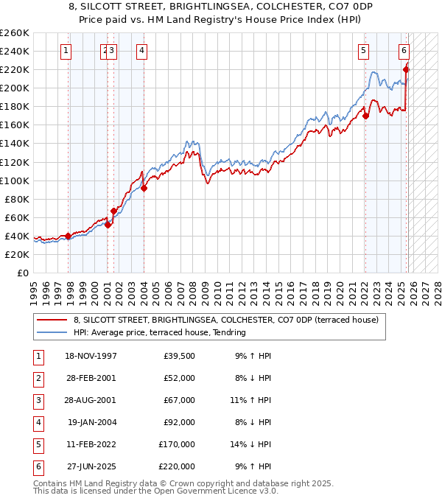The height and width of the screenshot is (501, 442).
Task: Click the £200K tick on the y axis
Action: [x=14, y=88]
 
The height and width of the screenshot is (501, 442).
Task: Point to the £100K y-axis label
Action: [x=14, y=181]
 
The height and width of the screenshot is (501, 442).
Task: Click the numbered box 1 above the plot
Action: [x=67, y=51]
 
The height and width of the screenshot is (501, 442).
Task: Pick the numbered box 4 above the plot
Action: [x=141, y=51]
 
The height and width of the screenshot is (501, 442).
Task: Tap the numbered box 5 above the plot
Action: [x=364, y=51]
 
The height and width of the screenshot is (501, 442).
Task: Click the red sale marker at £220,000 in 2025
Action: [x=406, y=69]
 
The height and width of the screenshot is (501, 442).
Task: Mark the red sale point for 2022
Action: [x=365, y=116]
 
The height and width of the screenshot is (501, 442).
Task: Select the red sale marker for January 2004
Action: [x=144, y=188]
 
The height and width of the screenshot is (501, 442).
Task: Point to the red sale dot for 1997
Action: [x=69, y=236]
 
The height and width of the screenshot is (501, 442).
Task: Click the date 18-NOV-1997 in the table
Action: [x=91, y=357]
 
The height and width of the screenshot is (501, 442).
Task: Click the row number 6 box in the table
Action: [x=38, y=466]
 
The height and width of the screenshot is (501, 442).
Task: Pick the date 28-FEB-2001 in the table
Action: [x=91, y=379]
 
